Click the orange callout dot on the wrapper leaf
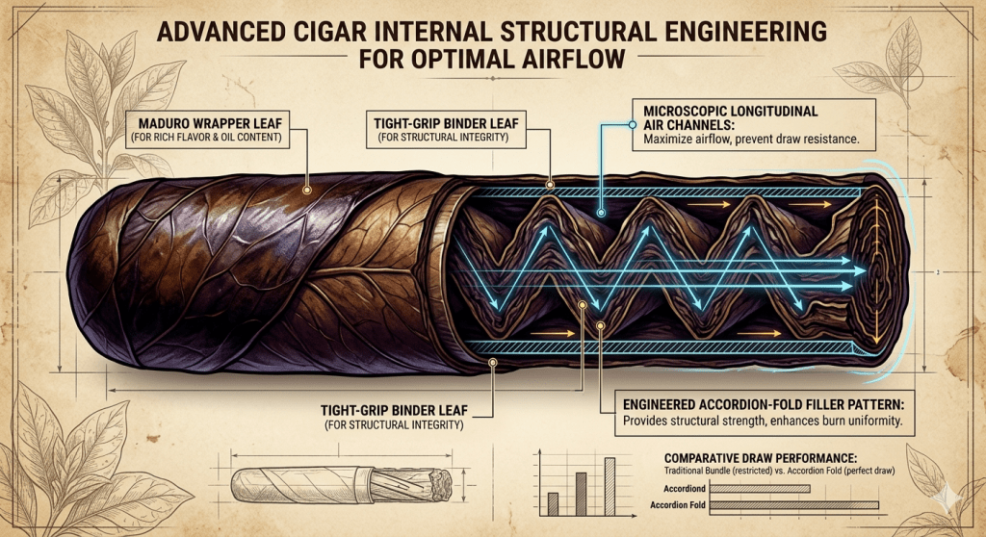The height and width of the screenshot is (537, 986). point(305,190)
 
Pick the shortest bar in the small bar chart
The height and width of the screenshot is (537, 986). point(552,504)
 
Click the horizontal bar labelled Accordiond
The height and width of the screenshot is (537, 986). point(765,488)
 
